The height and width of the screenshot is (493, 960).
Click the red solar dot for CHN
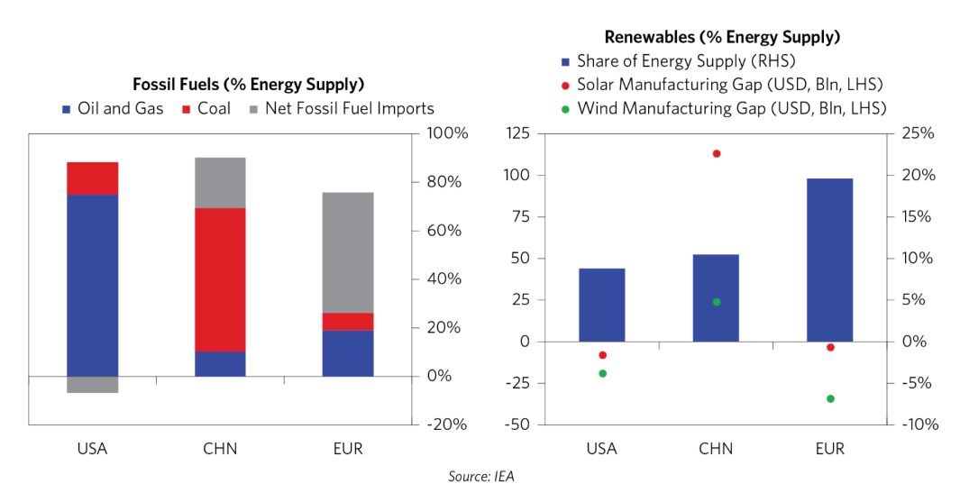click(717, 154)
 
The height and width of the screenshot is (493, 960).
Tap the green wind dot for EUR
click(830, 398)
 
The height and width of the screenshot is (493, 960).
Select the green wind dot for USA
click(602, 373)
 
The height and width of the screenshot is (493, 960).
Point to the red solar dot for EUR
click(830, 347)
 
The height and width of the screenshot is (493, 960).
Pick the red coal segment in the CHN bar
click(221, 279)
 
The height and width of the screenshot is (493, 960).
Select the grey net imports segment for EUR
click(348, 252)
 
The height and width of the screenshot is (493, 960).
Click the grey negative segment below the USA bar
click(93, 385)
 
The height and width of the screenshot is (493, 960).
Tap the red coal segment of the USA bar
click(93, 178)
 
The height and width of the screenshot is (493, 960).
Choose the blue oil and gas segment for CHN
click(221, 363)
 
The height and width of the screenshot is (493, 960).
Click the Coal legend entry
click(206, 109)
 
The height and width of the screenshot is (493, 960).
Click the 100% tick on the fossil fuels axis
click(445, 133)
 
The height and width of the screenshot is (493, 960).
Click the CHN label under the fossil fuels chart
click(221, 448)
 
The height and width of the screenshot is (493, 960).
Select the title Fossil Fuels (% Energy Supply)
click(248, 85)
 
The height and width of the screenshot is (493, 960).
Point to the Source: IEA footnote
click(480, 477)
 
